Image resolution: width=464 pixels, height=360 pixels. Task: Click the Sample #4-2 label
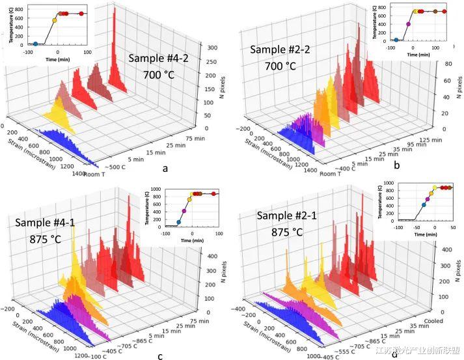click(x=157, y=58)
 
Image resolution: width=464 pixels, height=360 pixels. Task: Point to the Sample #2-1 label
click(x=286, y=215)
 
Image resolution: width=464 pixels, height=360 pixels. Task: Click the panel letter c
click(x=161, y=355)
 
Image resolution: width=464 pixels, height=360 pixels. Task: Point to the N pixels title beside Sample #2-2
click(x=457, y=85)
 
